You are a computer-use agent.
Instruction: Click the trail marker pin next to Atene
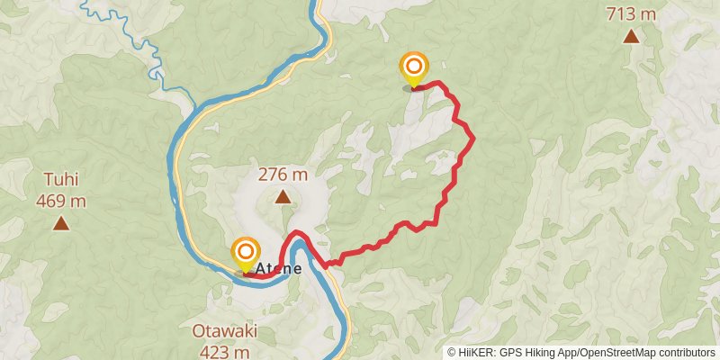tap(244, 253)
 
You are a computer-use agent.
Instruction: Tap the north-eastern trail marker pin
tap(414, 68)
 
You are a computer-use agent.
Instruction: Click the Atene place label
tap(278, 268)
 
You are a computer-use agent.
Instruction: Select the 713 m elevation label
tap(631, 14)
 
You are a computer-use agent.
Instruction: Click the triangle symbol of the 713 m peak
tap(631, 37)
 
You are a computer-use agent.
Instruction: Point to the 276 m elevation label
tap(283, 175)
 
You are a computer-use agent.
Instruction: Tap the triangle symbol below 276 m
tap(283, 196)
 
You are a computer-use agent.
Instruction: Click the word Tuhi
tap(60, 179)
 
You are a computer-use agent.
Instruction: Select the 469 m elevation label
tap(61, 201)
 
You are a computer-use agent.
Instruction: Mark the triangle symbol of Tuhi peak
tap(60, 222)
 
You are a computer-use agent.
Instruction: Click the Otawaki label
tap(224, 330)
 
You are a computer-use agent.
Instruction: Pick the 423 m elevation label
tap(224, 351)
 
